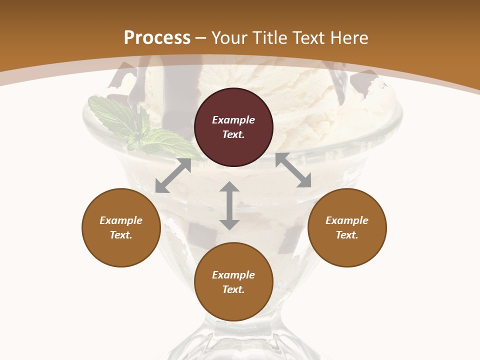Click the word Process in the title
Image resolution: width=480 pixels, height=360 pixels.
[x=157, y=38]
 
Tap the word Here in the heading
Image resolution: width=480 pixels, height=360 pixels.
[x=349, y=38]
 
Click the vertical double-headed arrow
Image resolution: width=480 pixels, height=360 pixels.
[x=229, y=205]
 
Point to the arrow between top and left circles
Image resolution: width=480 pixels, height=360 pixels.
[x=173, y=175]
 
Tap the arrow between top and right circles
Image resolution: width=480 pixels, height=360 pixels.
[x=293, y=170]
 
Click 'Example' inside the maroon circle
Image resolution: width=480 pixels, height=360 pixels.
[x=233, y=120]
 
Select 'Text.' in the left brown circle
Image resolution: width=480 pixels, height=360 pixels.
[x=121, y=235]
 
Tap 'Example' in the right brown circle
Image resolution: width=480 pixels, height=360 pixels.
[x=347, y=220]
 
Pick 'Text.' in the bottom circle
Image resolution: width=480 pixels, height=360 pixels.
[x=233, y=289]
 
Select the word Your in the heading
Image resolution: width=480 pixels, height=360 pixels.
[x=229, y=38]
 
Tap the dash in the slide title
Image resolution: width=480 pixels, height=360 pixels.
[x=201, y=38]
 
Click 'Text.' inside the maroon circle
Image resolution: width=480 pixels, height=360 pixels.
[x=233, y=134]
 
